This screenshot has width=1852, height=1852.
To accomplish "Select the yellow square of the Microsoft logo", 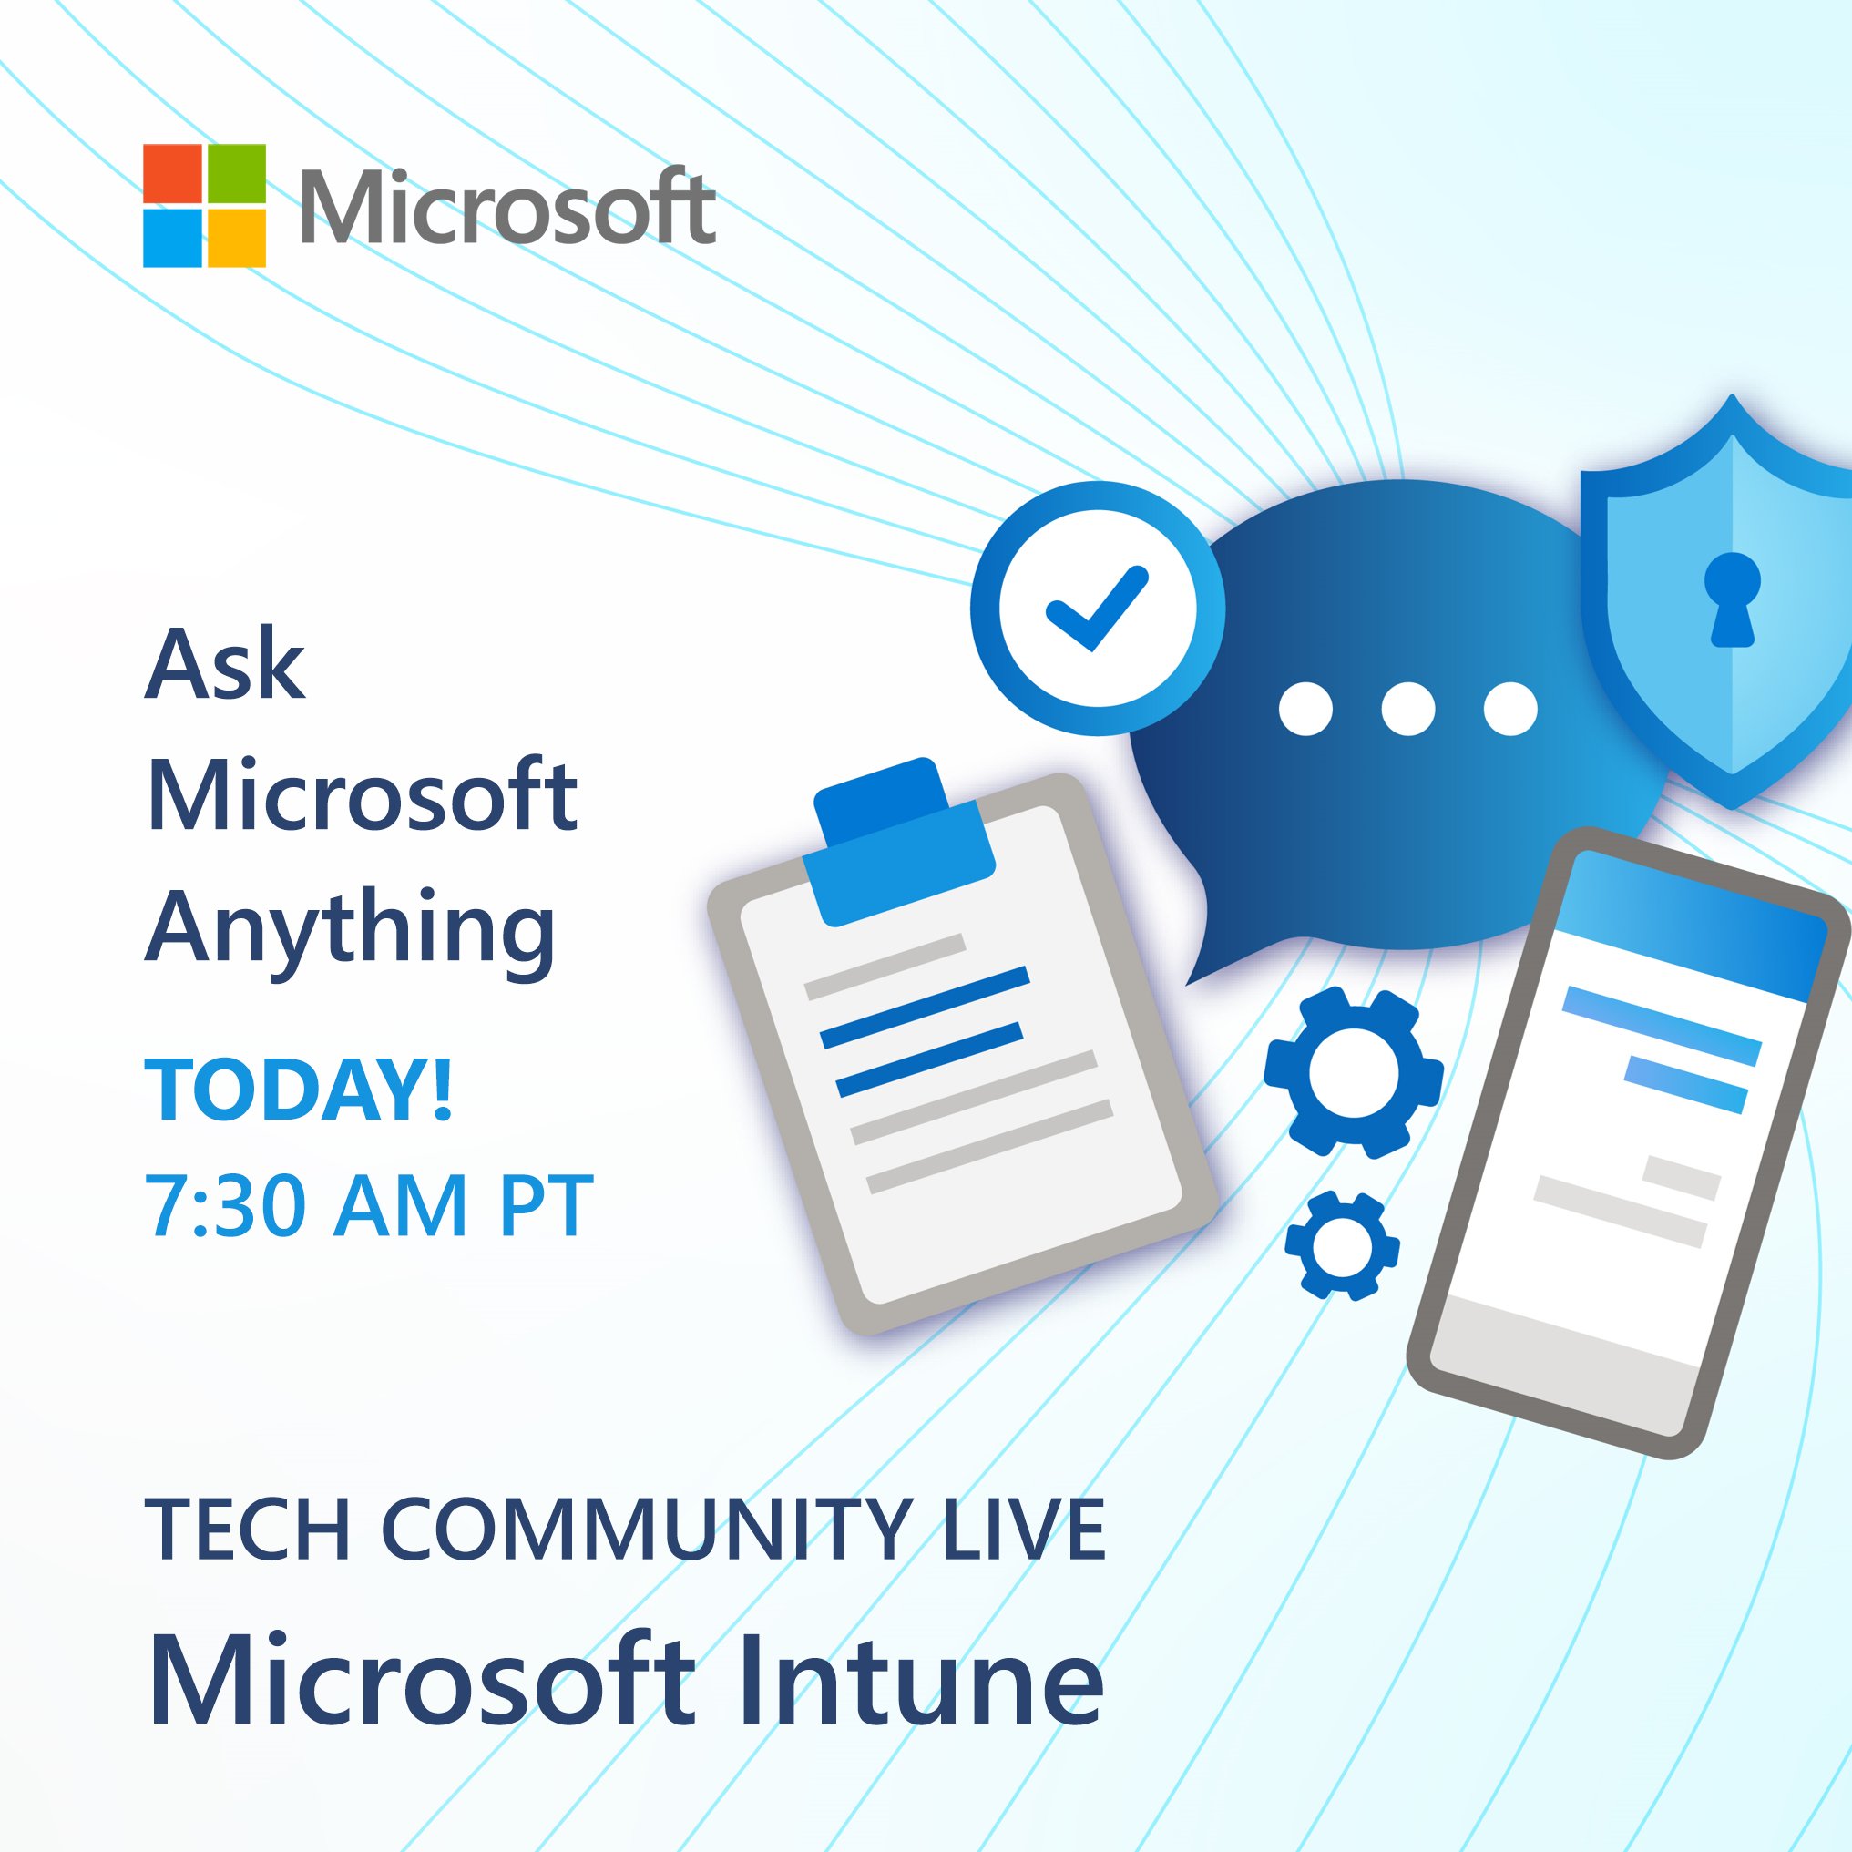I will coord(236,238).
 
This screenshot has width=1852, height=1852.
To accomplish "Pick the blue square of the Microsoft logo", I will coord(172,238).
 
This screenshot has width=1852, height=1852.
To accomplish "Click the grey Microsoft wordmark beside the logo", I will coord(508,207).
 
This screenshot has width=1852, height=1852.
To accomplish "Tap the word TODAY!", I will coord(298,1090).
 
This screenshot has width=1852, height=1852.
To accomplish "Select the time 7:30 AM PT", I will coord(368,1205).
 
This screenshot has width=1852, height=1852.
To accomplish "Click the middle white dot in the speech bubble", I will coord(1408,710).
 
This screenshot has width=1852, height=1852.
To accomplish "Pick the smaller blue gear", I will coord(1340,1246).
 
